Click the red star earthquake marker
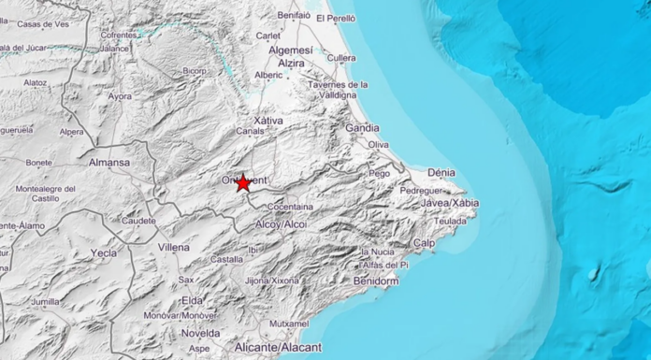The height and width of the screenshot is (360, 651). point(243,183)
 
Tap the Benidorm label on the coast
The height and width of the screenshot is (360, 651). point(377,281)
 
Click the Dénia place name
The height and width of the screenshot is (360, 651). point(440,172)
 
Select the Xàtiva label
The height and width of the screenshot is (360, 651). point(268,120)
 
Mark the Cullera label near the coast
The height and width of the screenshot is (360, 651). point(342,59)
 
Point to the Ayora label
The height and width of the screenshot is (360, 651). point(120,95)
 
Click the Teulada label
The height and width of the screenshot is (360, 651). point(451,221)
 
